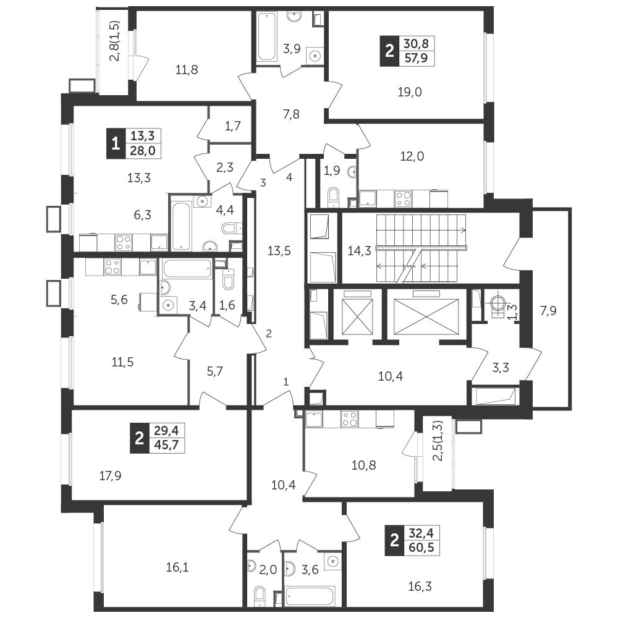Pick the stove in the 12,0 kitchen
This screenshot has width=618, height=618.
click(x=403, y=198)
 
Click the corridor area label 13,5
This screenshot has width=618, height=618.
click(x=279, y=250)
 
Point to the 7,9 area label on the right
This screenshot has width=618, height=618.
click(x=548, y=311)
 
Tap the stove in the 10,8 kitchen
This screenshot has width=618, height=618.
click(x=350, y=419)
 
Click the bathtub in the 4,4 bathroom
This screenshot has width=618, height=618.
click(x=180, y=223)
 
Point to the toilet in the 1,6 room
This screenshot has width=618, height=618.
click(x=227, y=282)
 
